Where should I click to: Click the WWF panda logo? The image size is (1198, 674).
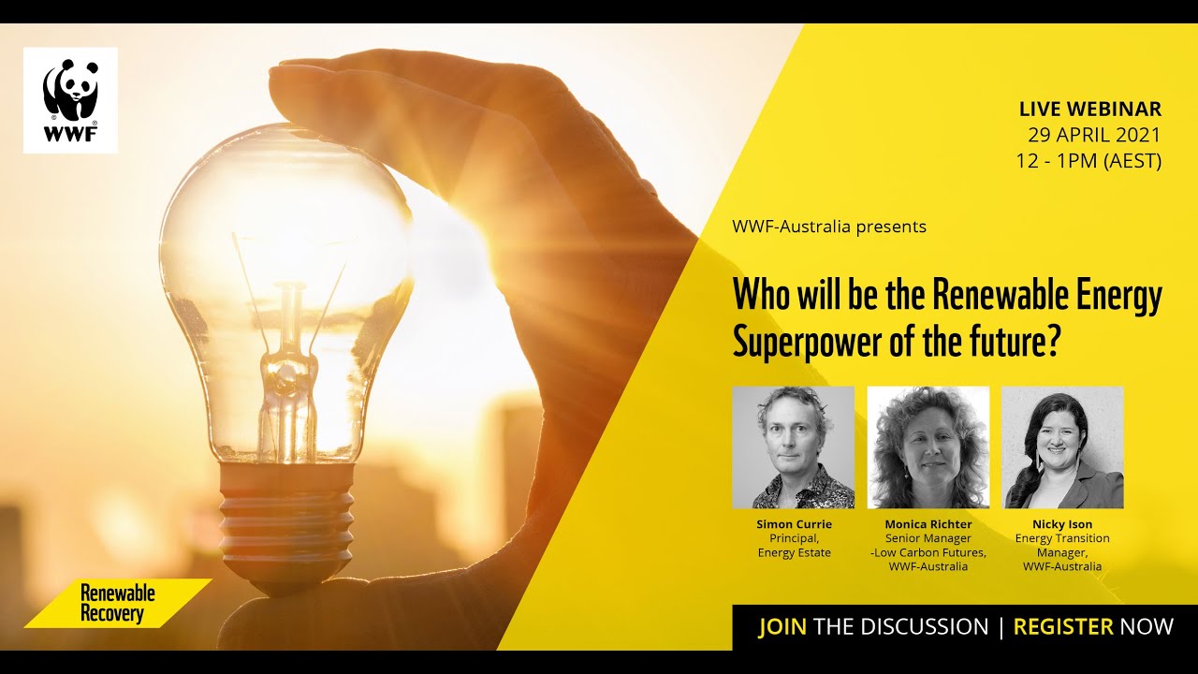[70, 99]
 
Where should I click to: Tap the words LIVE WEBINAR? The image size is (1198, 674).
[1090, 110]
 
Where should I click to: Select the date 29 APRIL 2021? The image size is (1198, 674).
[1094, 135]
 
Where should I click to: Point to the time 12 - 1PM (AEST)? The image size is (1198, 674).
[1088, 161]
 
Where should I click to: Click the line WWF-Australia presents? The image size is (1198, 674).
[829, 227]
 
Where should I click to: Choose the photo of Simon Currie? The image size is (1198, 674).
[793, 447]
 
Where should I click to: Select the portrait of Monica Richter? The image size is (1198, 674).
[928, 447]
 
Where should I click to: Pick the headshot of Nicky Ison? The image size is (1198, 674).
[1062, 447]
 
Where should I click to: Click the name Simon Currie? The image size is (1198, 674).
[794, 524]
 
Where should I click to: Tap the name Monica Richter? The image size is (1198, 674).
[928, 524]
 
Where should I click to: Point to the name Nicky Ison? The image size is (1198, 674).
[1062, 524]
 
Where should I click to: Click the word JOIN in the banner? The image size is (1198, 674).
[782, 626]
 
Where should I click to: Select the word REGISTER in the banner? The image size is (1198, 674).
[1063, 626]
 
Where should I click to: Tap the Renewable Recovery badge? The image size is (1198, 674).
[118, 604]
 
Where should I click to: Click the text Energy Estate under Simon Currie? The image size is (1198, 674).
[794, 553]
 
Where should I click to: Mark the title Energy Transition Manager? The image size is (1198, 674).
[1062, 546]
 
